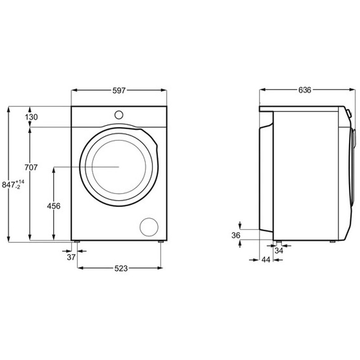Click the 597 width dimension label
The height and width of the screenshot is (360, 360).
pos(118,90)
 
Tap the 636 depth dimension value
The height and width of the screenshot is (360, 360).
pos(305,90)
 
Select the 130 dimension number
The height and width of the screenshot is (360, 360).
pos(31,117)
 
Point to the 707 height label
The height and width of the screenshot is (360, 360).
pos(31,167)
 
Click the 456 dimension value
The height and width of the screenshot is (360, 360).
pos(54,206)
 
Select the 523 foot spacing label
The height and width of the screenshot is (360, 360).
pos(120,268)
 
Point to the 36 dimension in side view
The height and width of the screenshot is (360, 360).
pos(236,234)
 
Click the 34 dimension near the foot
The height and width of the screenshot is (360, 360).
pos(279,251)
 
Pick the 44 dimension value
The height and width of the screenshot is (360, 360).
pos(266,260)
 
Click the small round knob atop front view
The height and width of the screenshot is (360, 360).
pos(119,114)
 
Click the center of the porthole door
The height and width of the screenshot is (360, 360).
pos(119,166)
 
